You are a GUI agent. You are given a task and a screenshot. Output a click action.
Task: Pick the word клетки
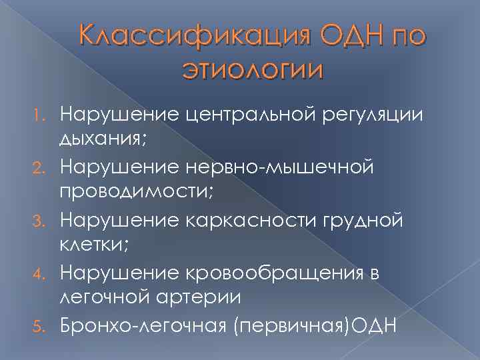point(93,245)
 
